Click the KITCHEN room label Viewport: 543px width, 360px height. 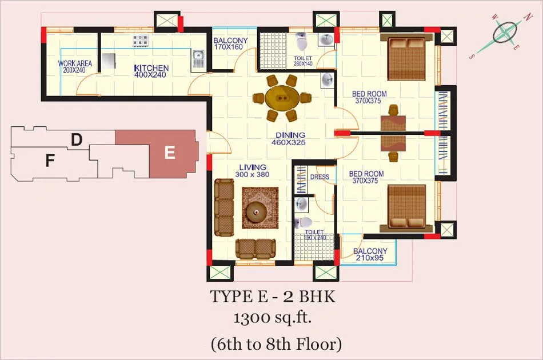[151, 68]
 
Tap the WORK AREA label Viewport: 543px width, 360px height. [75, 63]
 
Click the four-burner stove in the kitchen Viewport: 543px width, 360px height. [140, 41]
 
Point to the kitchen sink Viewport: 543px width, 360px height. [198, 58]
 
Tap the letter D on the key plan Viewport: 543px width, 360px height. [77, 140]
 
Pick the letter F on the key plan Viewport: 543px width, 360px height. [50, 161]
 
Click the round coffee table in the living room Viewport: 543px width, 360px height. [256, 213]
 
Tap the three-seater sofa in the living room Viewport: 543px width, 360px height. [223, 207]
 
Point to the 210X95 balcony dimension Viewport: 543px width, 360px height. [370, 258]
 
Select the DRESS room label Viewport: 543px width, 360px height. [320, 177]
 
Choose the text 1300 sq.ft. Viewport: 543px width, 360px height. [272, 317]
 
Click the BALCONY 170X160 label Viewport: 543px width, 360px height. [230, 43]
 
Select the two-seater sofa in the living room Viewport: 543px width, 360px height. [255, 249]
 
